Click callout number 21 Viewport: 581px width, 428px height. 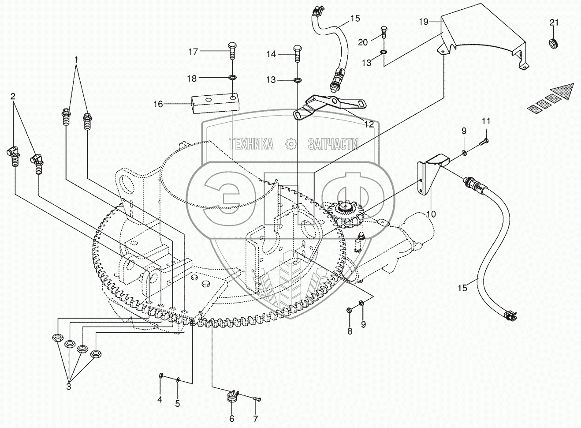[x=555, y=23]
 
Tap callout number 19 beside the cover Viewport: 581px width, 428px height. [x=423, y=22]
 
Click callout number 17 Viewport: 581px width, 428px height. [x=193, y=52]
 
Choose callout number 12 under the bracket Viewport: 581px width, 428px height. [x=369, y=124]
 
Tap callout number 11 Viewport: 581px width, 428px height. [x=486, y=121]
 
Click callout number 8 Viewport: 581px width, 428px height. [x=350, y=331]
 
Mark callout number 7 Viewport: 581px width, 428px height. [x=255, y=419]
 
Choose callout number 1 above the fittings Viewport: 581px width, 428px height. [x=76, y=59]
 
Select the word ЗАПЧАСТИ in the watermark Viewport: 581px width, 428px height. [x=333, y=143]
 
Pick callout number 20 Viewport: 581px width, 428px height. [x=363, y=42]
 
